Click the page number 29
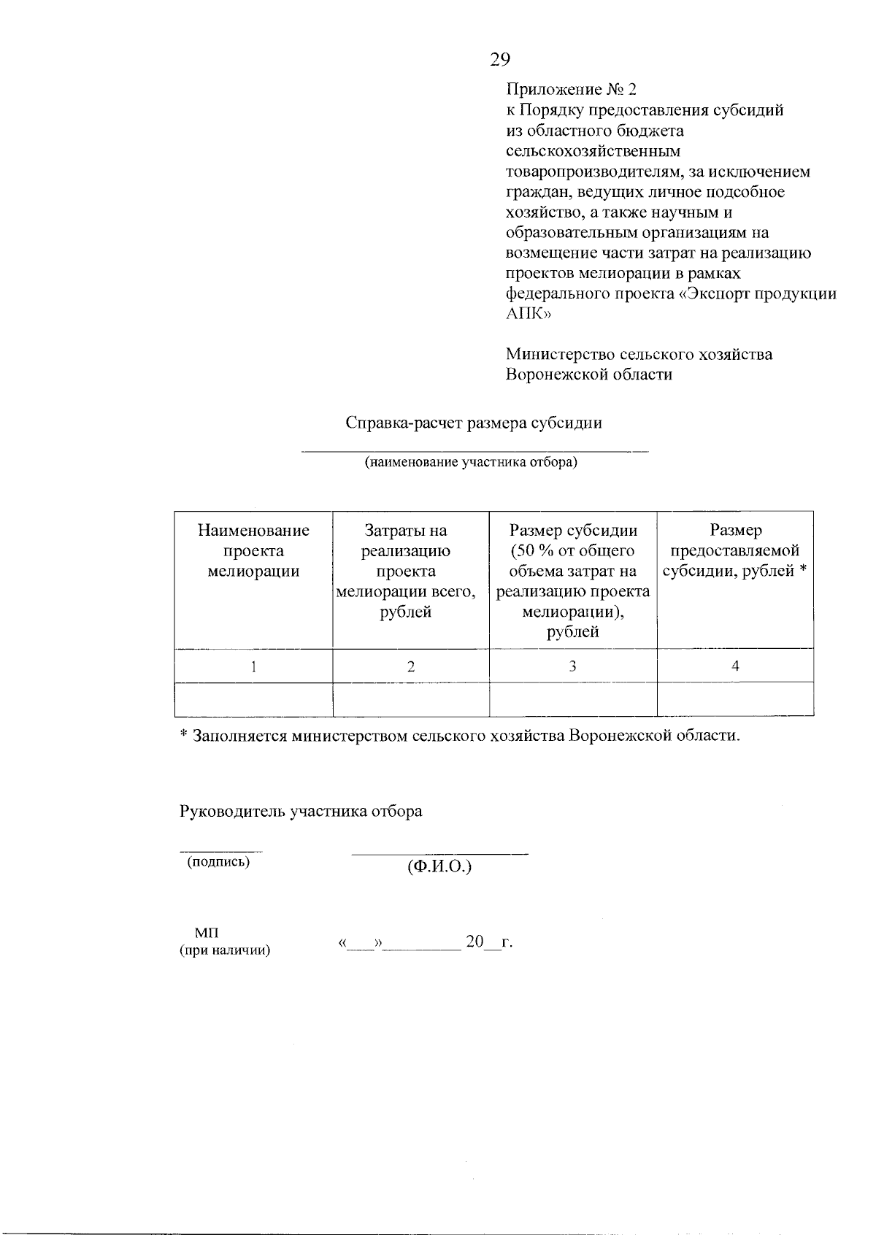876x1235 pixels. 500,60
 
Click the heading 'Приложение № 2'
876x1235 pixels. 571,90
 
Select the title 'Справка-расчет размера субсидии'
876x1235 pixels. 474,423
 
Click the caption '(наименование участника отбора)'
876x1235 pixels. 471,463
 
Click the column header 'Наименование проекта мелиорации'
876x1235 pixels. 253,551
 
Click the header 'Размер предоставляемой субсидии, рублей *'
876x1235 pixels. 735,551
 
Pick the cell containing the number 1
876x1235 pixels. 253,666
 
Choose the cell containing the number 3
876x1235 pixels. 573,666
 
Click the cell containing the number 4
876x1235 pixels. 735,666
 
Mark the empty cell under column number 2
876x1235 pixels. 411,699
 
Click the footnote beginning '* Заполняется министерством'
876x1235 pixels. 460,736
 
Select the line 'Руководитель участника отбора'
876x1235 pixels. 301,812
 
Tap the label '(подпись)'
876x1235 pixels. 218,862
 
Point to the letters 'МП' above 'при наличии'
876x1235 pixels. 206,934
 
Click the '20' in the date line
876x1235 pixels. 474,942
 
